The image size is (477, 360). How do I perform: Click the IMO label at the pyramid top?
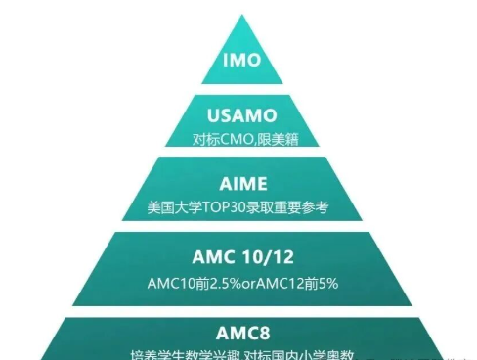click(240, 61)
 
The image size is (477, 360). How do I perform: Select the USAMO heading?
click(240, 117)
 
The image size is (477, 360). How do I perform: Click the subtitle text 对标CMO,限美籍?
click(240, 139)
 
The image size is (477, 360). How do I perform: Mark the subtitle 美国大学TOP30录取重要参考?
click(240, 208)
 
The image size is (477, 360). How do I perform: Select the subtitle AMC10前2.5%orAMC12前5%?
click(240, 284)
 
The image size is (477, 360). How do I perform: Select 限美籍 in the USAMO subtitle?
click(275, 139)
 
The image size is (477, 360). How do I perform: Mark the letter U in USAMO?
click(200, 117)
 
